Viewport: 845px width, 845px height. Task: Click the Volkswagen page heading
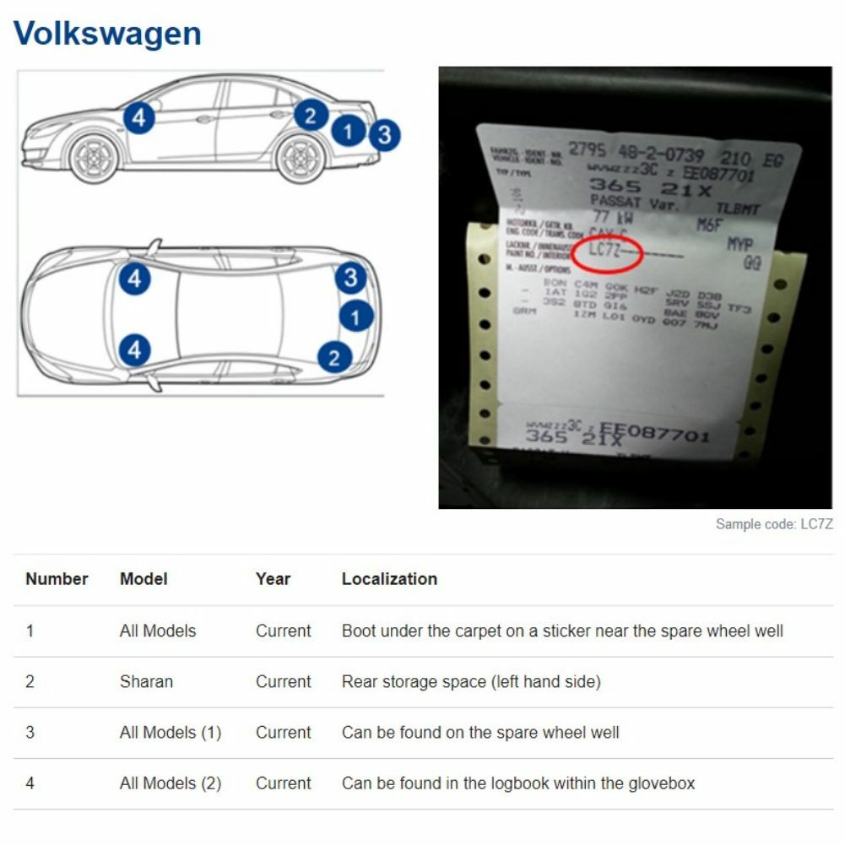[107, 34]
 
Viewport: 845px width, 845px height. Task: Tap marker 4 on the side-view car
[138, 117]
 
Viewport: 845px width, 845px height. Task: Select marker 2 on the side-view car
[311, 115]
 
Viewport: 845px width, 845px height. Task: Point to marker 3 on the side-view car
[384, 134]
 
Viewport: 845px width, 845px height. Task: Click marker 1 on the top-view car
[356, 317]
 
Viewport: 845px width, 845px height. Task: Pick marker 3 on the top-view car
[350, 278]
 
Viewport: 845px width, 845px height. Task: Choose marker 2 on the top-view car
[334, 357]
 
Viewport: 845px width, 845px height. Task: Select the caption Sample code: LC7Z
[774, 524]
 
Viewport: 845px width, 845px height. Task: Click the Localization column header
[389, 579]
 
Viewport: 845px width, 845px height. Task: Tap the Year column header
[273, 579]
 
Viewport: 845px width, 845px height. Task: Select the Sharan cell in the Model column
[146, 681]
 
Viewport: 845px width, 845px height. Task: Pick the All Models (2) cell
[170, 783]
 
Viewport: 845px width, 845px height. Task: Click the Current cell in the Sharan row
[283, 681]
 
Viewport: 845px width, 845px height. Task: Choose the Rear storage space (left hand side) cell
[471, 681]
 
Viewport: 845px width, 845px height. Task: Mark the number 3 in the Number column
[30, 733]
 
